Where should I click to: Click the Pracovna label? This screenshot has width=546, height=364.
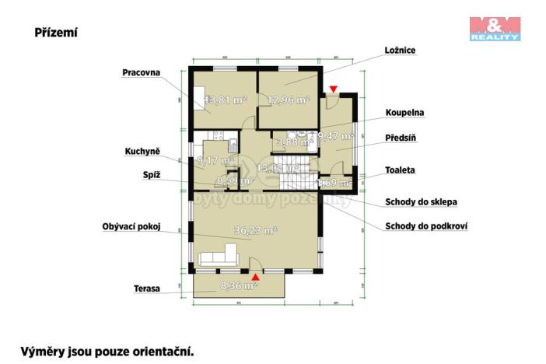[141, 72]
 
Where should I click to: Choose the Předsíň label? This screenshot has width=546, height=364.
[403, 138]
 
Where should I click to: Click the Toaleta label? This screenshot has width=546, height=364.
[401, 170]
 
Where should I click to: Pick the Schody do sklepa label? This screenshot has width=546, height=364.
[421, 202]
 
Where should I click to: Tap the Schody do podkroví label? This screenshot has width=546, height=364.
[425, 227]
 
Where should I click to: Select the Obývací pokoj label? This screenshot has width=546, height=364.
[131, 227]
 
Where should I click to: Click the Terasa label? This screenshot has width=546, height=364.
[146, 289]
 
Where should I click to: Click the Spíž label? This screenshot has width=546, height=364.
[152, 175]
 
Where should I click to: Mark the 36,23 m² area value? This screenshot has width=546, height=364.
[256, 230]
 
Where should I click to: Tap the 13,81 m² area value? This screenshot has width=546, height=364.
[226, 100]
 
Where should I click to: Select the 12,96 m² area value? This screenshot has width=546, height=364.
[289, 100]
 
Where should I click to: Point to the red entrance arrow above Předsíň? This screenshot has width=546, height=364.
[334, 90]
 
